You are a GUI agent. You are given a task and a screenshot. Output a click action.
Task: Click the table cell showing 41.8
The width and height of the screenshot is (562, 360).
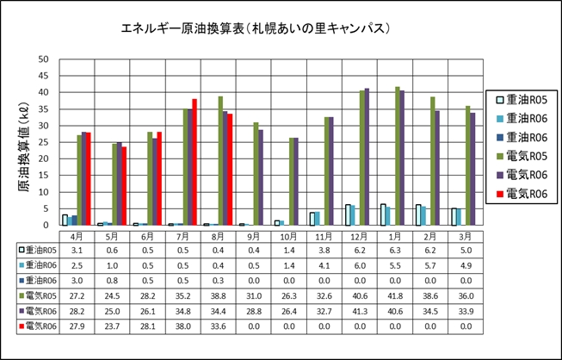click(397, 295)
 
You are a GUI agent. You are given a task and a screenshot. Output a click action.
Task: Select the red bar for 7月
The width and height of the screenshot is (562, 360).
click(195, 163)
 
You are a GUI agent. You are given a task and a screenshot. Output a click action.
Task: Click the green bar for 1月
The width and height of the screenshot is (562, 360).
click(397, 156)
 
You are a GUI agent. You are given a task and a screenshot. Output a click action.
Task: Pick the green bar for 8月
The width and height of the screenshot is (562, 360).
click(220, 161)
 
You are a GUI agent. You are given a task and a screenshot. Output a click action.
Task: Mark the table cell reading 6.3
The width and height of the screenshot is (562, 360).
click(397, 250)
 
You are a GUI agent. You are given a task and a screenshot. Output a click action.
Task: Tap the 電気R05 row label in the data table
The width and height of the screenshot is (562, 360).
click(39, 295)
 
